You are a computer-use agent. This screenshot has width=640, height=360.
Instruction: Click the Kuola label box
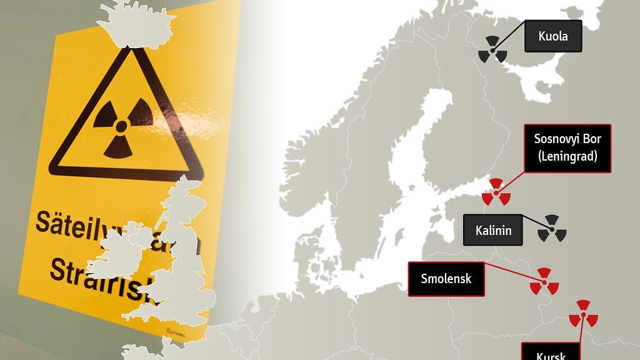(552, 36)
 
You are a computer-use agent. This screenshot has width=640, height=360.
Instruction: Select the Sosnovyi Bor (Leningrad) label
(567, 148)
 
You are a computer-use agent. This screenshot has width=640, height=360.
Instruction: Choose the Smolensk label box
(446, 278)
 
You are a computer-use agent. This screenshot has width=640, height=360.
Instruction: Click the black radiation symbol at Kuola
(492, 49)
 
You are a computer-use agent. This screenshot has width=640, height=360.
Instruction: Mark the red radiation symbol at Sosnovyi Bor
(496, 192)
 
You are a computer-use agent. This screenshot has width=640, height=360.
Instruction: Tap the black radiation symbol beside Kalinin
(552, 229)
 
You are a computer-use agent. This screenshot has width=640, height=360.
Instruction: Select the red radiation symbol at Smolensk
(544, 282)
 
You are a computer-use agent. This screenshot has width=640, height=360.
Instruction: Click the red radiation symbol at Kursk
(583, 315)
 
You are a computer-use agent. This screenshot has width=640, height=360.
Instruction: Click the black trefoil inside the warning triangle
(122, 126)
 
